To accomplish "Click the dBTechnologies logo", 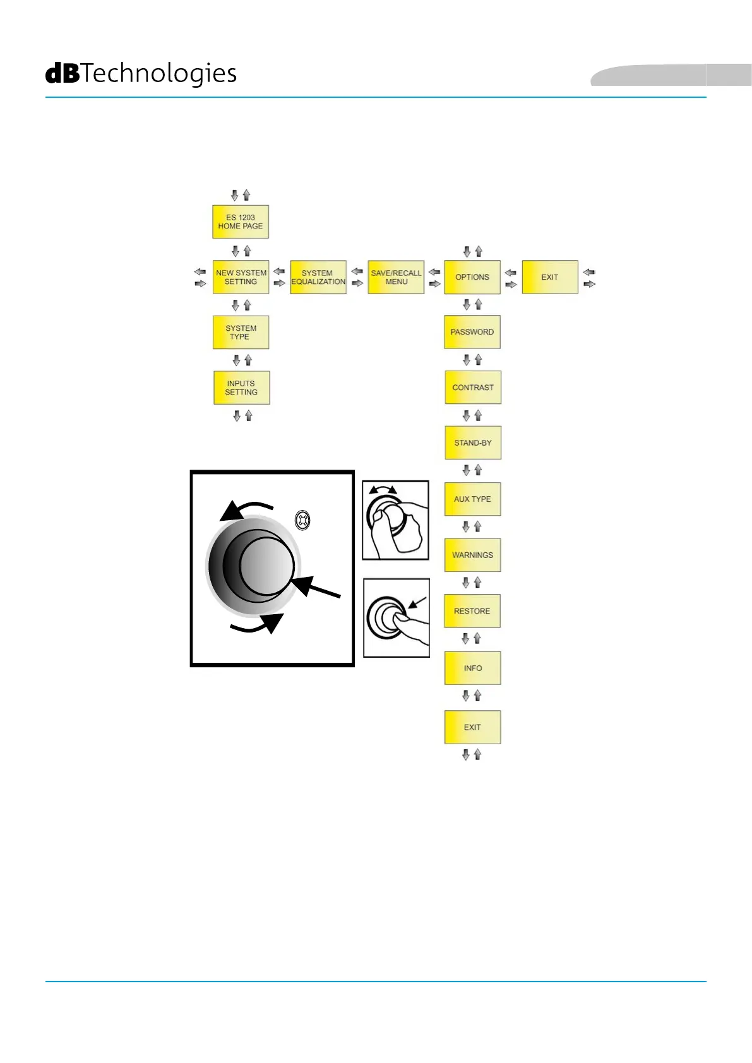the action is pos(141,74).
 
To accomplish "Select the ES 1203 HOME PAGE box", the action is pos(241,222).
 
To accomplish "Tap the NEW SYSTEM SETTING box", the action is pos(241,277).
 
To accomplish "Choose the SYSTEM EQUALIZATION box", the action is pos(318,277).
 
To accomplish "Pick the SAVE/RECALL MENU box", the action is pos(396,277).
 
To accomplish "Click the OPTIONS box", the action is pos(472,277).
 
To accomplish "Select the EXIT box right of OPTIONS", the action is pos(550,277).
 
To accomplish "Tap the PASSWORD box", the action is pos(472,332).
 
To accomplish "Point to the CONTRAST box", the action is pos(473,388).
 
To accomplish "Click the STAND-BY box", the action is pos(473,442).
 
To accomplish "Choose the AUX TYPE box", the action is pos(472,499).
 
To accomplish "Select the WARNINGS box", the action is pos(472,555).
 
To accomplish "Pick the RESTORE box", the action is pos(472,611).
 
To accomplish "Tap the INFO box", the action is pos(472,668).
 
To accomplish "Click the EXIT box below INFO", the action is pos(472,727).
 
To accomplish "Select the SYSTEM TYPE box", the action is pos(241,333).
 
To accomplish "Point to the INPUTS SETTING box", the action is pos(241,388).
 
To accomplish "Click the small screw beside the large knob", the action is pos(303,521).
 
